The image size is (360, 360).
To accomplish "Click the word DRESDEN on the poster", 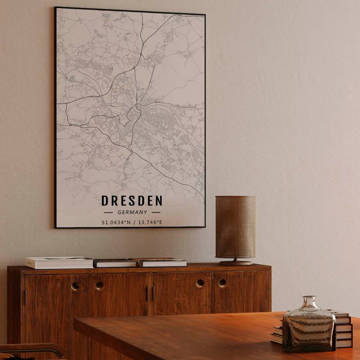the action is coord(132,200).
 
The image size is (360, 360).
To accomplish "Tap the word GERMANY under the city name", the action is coord(132,212).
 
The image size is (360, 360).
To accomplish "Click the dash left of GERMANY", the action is coord(108,212).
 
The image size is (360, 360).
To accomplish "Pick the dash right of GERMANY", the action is coord(156,212).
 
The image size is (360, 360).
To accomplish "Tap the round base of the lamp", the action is coord(235,262).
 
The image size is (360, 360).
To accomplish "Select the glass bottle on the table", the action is coord(309,325).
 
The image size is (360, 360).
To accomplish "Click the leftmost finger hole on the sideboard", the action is coord(76,286).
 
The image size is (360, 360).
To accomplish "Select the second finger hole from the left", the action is coord(99,285).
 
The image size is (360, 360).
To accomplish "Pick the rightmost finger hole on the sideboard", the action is coord(222,283).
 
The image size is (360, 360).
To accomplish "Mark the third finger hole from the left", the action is coord(200,283).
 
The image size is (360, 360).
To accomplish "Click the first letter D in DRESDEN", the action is coord(104,200).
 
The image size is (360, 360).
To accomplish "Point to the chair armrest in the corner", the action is coord(31,349).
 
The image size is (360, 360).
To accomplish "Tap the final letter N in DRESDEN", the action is coord(158,200).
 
